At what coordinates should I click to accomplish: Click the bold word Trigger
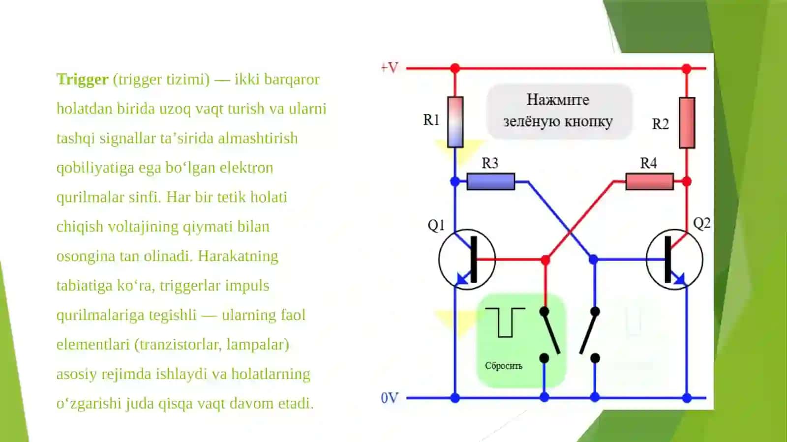(82, 80)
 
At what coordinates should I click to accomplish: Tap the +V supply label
(389, 67)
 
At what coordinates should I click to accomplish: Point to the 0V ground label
(389, 398)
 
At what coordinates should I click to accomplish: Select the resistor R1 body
(455, 122)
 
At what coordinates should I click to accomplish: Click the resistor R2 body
(687, 123)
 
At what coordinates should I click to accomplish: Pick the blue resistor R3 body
(491, 181)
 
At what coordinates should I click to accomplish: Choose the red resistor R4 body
(650, 181)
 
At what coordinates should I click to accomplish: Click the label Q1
(436, 225)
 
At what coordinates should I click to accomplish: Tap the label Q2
(701, 223)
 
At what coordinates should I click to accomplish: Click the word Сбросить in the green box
(504, 366)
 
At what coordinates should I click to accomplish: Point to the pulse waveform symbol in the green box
(505, 323)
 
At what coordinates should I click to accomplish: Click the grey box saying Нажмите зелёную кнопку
(559, 111)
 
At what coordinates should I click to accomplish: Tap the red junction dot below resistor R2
(687, 181)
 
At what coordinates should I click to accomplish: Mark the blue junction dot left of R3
(455, 181)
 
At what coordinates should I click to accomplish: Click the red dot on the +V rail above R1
(455, 68)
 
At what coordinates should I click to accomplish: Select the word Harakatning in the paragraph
(238, 256)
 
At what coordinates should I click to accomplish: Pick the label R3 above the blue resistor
(490, 163)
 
